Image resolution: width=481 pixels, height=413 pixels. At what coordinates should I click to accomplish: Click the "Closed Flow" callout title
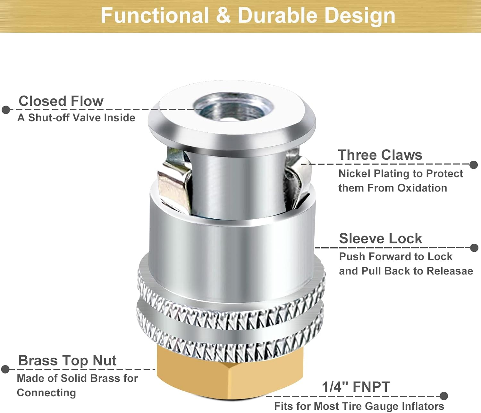coord(61,101)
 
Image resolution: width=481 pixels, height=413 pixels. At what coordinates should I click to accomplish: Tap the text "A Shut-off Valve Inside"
coord(76,118)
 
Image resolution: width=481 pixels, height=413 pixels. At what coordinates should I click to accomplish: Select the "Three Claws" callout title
coord(380,155)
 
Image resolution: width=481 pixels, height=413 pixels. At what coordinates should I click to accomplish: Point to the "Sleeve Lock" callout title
coord(380,239)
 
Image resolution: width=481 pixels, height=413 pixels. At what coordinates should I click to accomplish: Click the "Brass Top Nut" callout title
coord(67,360)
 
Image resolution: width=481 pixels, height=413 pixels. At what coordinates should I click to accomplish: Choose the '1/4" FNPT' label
coord(356,387)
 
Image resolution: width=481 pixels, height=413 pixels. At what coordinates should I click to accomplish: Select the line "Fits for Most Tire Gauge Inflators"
coord(359,406)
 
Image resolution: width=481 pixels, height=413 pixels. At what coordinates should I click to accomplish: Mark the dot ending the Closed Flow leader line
coord(6,110)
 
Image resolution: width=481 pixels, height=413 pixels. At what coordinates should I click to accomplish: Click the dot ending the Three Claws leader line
coord(474,164)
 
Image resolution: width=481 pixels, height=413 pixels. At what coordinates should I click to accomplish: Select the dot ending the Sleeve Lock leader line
coord(474,248)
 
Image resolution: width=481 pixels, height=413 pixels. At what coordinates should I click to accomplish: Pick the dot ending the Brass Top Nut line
coord(5,369)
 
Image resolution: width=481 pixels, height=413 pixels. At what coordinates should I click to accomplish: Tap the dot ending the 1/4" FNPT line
coord(444,396)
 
